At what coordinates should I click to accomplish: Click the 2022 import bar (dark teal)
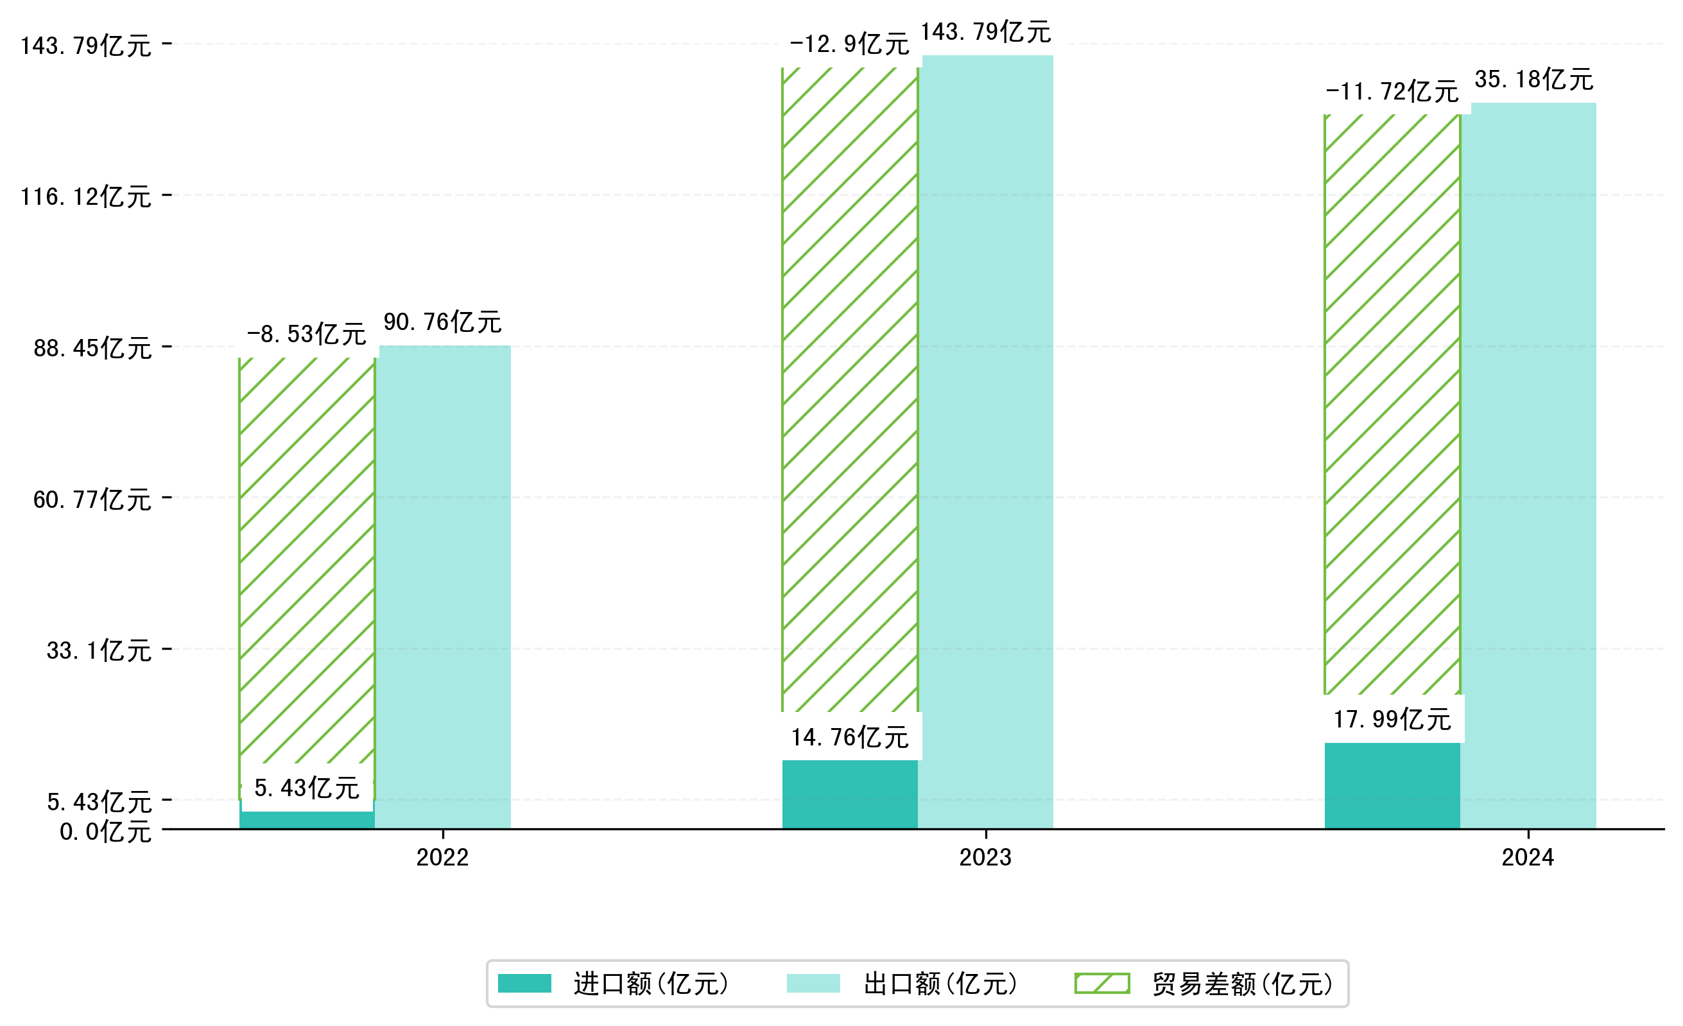click(307, 821)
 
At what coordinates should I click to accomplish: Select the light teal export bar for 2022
click(445, 587)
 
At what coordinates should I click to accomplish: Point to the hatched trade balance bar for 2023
click(850, 389)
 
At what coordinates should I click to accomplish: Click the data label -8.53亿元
click(307, 335)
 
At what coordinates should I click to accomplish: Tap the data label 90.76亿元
click(443, 322)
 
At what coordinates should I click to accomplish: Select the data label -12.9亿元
click(850, 44)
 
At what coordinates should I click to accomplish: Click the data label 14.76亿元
click(850, 737)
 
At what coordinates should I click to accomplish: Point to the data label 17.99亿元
click(1392, 719)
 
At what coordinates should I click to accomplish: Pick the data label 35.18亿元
click(1534, 79)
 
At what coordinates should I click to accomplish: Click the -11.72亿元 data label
click(1392, 92)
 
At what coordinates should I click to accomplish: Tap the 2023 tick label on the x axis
click(985, 857)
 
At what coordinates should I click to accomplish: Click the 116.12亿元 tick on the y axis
click(86, 196)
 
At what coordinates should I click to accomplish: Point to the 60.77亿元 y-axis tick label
click(92, 500)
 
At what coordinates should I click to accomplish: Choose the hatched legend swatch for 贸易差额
click(1101, 984)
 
